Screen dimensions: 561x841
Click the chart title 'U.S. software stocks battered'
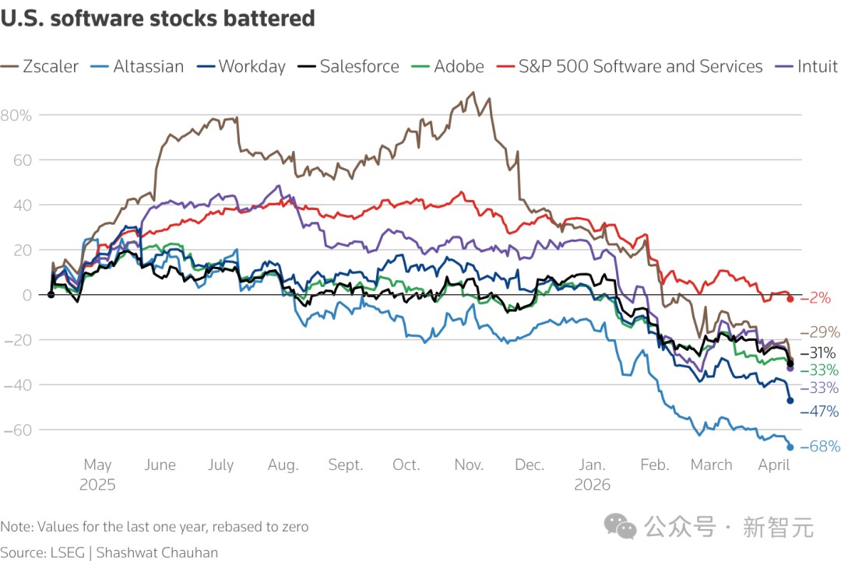click(157, 19)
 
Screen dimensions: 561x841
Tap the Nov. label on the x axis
click(469, 465)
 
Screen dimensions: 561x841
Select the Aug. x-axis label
click(283, 465)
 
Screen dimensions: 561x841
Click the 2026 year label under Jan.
click(593, 484)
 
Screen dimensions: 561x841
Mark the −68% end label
click(820, 447)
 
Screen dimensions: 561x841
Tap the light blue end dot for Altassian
click(790, 447)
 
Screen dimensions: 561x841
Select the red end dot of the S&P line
click(790, 299)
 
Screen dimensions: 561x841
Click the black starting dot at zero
click(51, 294)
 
